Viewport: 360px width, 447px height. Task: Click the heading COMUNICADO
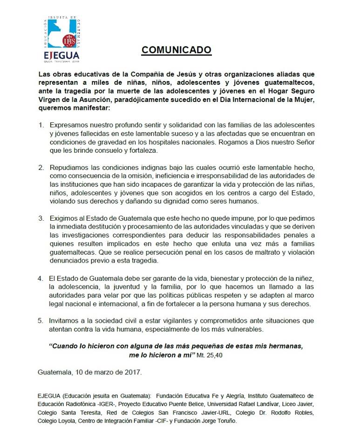click(x=177, y=50)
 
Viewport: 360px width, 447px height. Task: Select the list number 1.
click(x=41, y=126)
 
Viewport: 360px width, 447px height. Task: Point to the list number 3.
click(x=41, y=218)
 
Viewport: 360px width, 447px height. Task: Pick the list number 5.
click(x=41, y=321)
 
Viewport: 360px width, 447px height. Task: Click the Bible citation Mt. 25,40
click(x=238, y=354)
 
